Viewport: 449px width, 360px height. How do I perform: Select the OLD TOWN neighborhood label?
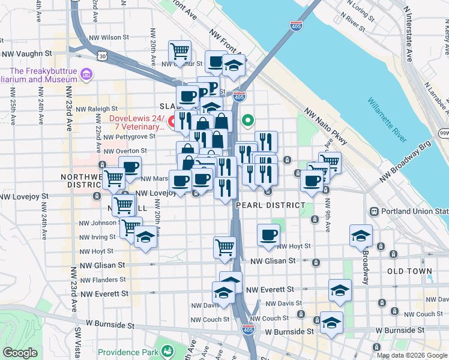(410, 271)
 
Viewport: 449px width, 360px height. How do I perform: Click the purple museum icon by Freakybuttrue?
(88, 74)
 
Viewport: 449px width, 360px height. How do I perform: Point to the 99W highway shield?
(444, 133)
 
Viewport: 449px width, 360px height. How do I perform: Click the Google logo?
(20, 353)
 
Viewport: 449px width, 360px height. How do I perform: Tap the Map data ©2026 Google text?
(411, 355)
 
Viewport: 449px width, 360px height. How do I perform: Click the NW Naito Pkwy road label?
(325, 126)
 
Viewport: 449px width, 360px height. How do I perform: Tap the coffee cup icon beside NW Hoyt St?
(268, 234)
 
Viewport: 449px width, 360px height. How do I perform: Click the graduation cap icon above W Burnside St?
(331, 323)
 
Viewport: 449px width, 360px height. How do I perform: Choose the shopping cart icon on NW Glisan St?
(224, 247)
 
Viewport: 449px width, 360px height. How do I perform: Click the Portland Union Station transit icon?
(373, 211)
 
